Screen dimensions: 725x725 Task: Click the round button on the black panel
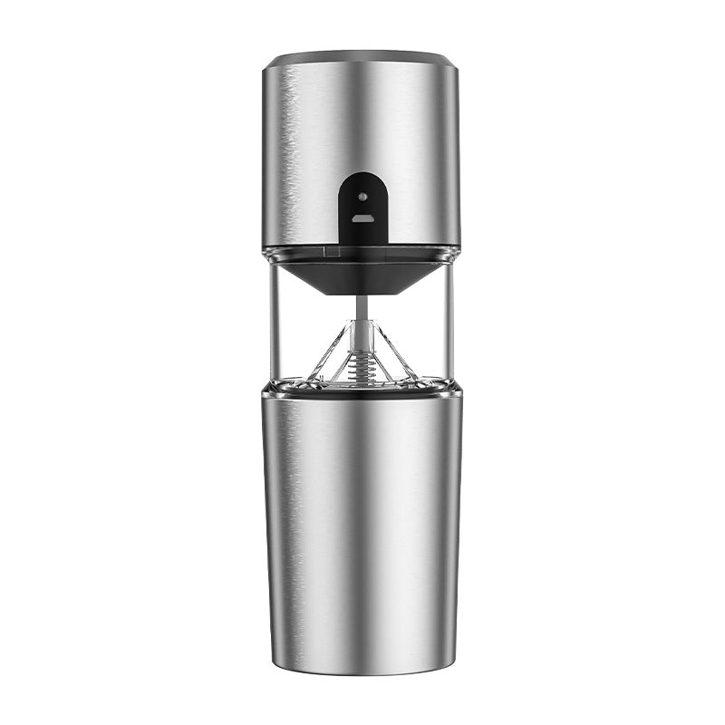coord(362,195)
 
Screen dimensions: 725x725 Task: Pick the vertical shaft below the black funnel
coord(362,313)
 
